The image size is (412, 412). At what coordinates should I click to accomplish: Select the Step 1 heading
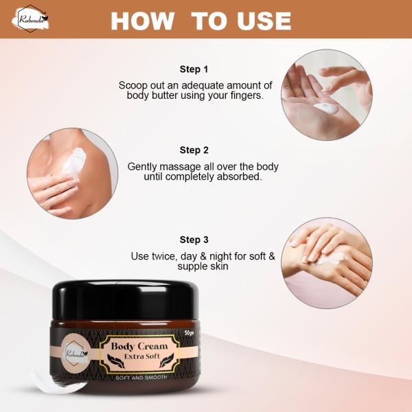pyautogui.click(x=194, y=69)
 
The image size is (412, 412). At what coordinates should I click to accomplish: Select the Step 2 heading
pyautogui.click(x=194, y=150)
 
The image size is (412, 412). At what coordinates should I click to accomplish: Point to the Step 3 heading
pyautogui.click(x=194, y=240)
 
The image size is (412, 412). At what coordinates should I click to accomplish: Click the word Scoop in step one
pyautogui.click(x=133, y=85)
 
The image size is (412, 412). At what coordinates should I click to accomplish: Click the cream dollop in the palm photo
pyautogui.click(x=323, y=108)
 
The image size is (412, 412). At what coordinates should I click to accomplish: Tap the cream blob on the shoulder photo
pyautogui.click(x=73, y=159)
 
